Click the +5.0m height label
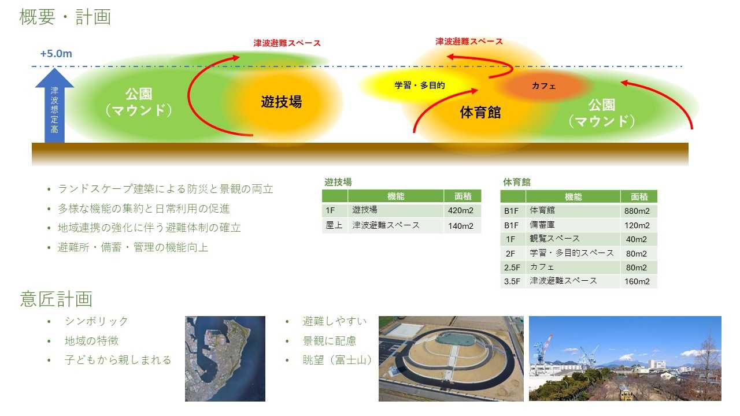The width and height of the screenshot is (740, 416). pyautogui.click(x=56, y=54)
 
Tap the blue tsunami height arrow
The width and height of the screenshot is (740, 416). pyautogui.click(x=54, y=106)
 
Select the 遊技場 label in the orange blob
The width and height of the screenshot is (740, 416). pyautogui.click(x=281, y=102)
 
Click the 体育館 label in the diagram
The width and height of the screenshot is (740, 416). pyautogui.click(x=480, y=112)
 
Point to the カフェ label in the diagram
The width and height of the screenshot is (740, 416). pyautogui.click(x=543, y=86)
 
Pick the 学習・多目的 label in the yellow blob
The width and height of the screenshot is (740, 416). pyautogui.click(x=420, y=85)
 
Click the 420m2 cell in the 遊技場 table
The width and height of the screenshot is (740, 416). pyautogui.click(x=461, y=210)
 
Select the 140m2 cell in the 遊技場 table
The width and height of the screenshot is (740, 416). pyautogui.click(x=461, y=226)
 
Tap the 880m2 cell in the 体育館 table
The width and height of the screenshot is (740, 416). pyautogui.click(x=637, y=211)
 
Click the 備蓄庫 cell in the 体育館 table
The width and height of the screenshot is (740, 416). pyautogui.click(x=542, y=225)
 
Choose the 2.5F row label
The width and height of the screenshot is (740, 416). pyautogui.click(x=512, y=268)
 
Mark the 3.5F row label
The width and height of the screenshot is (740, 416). pyautogui.click(x=512, y=281)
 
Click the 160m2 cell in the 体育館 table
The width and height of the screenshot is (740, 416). pyautogui.click(x=637, y=281)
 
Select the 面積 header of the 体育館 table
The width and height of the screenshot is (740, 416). pyautogui.click(x=639, y=197)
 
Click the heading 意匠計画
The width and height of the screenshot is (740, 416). pyautogui.click(x=56, y=299)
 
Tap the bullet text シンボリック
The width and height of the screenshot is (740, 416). pyautogui.click(x=97, y=321)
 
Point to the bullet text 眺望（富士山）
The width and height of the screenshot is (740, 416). pyautogui.click(x=337, y=359)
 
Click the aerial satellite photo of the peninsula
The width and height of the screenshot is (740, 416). pyautogui.click(x=225, y=359)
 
